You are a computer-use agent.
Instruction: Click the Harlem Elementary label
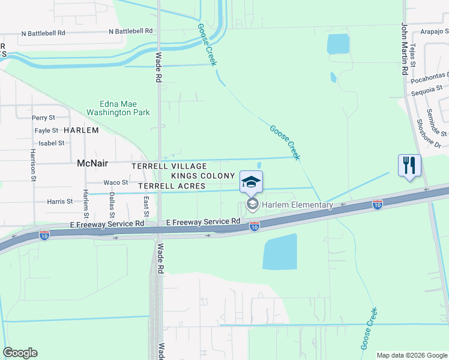pyautogui.click(x=296, y=205)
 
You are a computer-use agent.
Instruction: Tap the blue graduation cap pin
pyautogui.click(x=252, y=182)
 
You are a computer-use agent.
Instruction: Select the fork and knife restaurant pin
pyautogui.click(x=409, y=166)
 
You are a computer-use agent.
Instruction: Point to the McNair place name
pyautogui.click(x=91, y=163)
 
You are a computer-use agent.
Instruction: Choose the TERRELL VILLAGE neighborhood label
pyautogui.click(x=170, y=166)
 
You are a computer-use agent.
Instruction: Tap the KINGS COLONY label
pyautogui.click(x=203, y=176)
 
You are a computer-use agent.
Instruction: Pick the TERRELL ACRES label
pyautogui.click(x=172, y=187)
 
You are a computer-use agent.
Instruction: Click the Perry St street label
pyautogui.click(x=44, y=118)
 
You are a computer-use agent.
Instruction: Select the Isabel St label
pyautogui.click(x=51, y=143)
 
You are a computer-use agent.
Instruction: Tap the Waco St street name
pyautogui.click(x=116, y=182)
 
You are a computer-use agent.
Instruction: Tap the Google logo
pyautogui.click(x=20, y=353)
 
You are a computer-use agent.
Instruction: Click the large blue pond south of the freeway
pyautogui.click(x=280, y=251)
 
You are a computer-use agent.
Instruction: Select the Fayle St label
pyautogui.click(x=46, y=130)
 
